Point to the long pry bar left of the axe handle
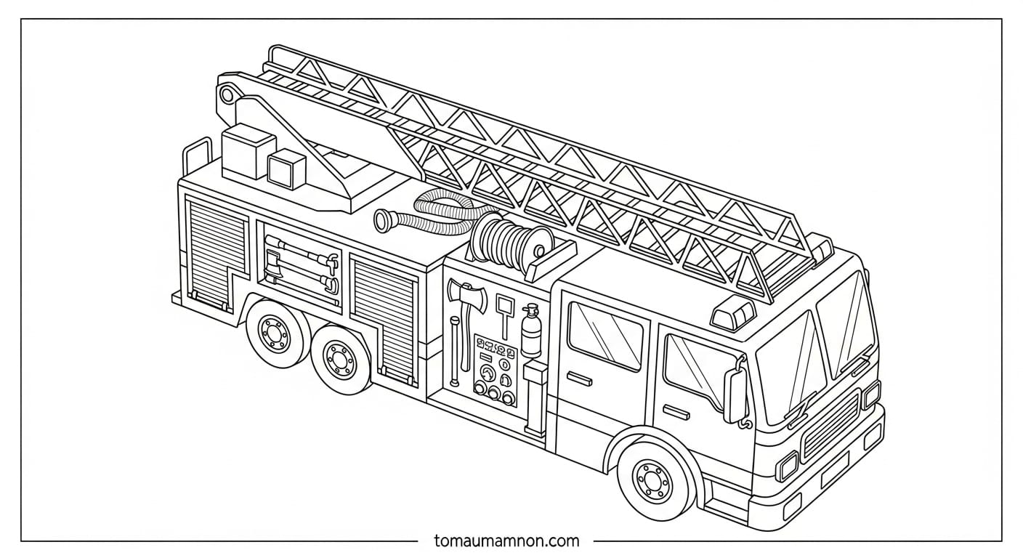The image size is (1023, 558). (455, 349)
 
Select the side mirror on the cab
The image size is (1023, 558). (735, 395)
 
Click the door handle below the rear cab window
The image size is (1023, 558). (579, 377)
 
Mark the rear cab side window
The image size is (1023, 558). (605, 335)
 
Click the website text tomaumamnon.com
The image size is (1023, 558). (506, 541)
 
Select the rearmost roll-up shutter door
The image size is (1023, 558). (217, 251)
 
